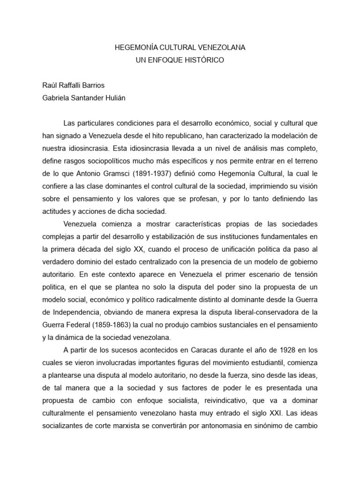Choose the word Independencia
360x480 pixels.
coord(78,312)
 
